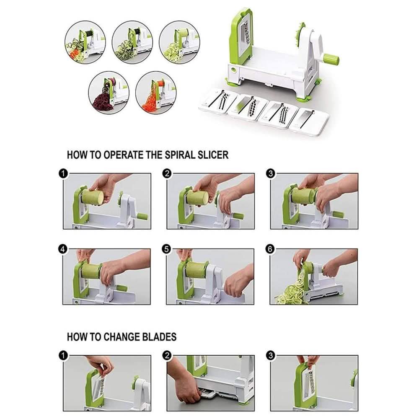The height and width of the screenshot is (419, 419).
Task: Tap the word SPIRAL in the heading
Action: pyautogui.click(x=182, y=155)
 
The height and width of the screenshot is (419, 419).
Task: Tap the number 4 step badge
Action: pyautogui.click(x=63, y=249)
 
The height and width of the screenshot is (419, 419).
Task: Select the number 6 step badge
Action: pyautogui.click(x=271, y=249)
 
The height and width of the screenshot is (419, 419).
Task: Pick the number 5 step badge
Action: pyautogui.click(x=167, y=249)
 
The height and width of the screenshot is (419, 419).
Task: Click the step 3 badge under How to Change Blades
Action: pyautogui.click(x=271, y=356)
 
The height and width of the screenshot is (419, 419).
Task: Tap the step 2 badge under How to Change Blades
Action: pyautogui.click(x=167, y=356)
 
